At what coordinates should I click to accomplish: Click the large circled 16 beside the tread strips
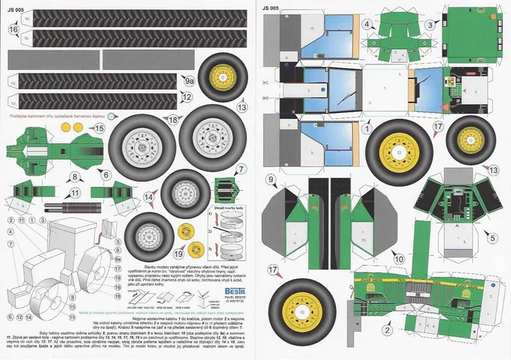[x=13, y=29]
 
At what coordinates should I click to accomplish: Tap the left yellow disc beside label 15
[x=64, y=128]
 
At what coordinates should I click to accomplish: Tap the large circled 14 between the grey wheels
[x=149, y=198]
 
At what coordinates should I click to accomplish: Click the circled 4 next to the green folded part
[x=368, y=25]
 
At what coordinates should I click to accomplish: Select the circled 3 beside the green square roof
[x=431, y=25]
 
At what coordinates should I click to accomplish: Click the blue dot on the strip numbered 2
[x=324, y=91]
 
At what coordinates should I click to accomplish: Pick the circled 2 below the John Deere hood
[x=386, y=330]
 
